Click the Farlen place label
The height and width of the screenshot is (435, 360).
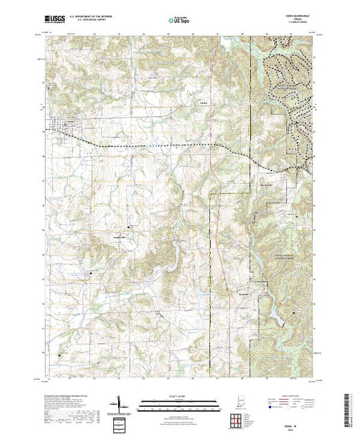[203, 104]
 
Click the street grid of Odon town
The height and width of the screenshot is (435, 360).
[64, 127]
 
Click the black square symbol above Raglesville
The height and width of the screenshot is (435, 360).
[128, 226]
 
